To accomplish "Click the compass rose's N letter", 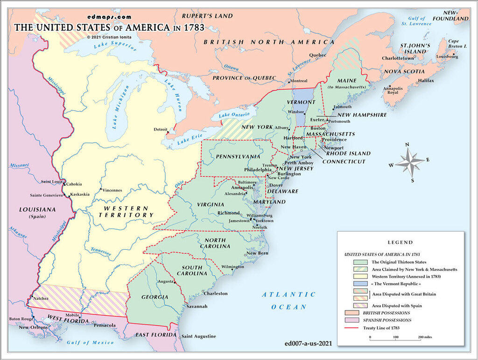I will tap(408, 145).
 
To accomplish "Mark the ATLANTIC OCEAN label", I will tap(288, 300).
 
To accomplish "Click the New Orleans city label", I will tap(34, 327).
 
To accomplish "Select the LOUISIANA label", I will tap(37, 210).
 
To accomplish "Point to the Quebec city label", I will tap(317, 55).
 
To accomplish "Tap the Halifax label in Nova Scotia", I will tap(426, 81).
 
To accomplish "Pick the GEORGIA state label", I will tap(155, 297).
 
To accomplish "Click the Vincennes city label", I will tap(112, 190).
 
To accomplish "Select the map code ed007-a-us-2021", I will tap(308, 343).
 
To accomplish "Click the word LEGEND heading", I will tap(400, 242).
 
